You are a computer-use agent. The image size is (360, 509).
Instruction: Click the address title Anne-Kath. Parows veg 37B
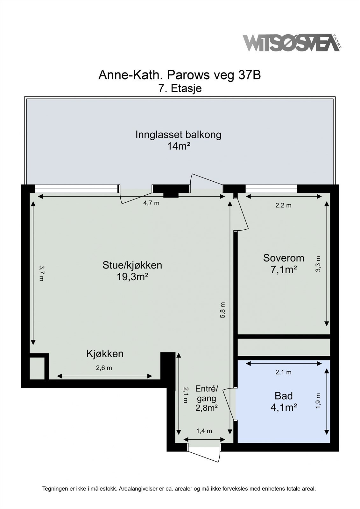pyautogui.click(x=180, y=75)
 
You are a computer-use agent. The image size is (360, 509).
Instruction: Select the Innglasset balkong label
pyautogui.click(x=178, y=135)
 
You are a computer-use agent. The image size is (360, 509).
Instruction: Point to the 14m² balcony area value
pyautogui.click(x=179, y=146)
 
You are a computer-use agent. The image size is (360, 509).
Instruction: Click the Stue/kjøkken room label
pyautogui.click(x=132, y=265)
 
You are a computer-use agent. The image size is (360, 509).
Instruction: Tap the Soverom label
pyautogui.click(x=284, y=258)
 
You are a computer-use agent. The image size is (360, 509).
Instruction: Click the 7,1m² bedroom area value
pyautogui.click(x=284, y=270)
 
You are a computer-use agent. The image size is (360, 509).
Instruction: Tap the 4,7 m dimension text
pyautogui.click(x=151, y=203)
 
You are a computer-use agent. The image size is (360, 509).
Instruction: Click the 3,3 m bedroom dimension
pyautogui.click(x=318, y=264)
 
